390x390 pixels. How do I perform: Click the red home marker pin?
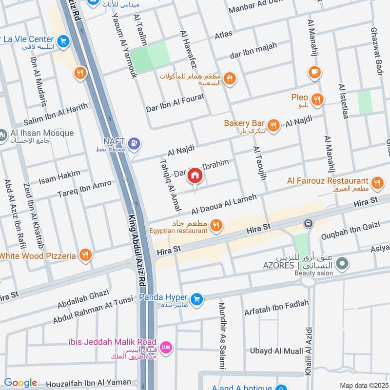(x=195, y=176)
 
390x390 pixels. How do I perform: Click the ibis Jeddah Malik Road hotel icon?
(x=166, y=347)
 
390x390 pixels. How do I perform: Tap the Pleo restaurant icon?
(x=317, y=100)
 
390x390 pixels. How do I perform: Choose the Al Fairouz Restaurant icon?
(x=376, y=183)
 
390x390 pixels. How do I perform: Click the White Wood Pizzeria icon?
(x=85, y=255)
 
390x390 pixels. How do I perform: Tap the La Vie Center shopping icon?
(x=62, y=42)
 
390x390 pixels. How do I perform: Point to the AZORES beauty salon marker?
(x=343, y=264)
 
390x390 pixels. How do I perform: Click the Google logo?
(x=20, y=383)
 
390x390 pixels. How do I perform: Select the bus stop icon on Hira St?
(x=308, y=224)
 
